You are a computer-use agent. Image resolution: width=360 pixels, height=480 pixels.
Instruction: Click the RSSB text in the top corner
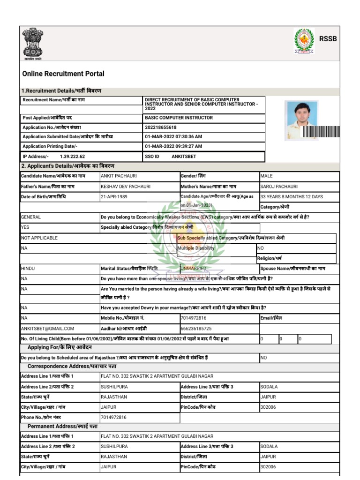coord(328,39)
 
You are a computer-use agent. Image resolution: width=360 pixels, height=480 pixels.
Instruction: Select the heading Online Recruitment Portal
coord(63,74)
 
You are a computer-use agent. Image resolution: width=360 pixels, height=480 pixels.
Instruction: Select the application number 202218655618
coord(161,127)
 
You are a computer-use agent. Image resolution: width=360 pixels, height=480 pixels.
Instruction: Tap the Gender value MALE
coord(267,176)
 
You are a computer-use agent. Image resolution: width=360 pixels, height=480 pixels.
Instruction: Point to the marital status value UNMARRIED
coord(194,269)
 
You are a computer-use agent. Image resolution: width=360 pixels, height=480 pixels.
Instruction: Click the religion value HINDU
coord(28,269)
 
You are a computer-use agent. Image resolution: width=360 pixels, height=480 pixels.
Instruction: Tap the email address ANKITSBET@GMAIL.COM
coord(47,329)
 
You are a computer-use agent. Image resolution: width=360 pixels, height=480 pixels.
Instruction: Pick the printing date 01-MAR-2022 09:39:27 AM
coord(173,146)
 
